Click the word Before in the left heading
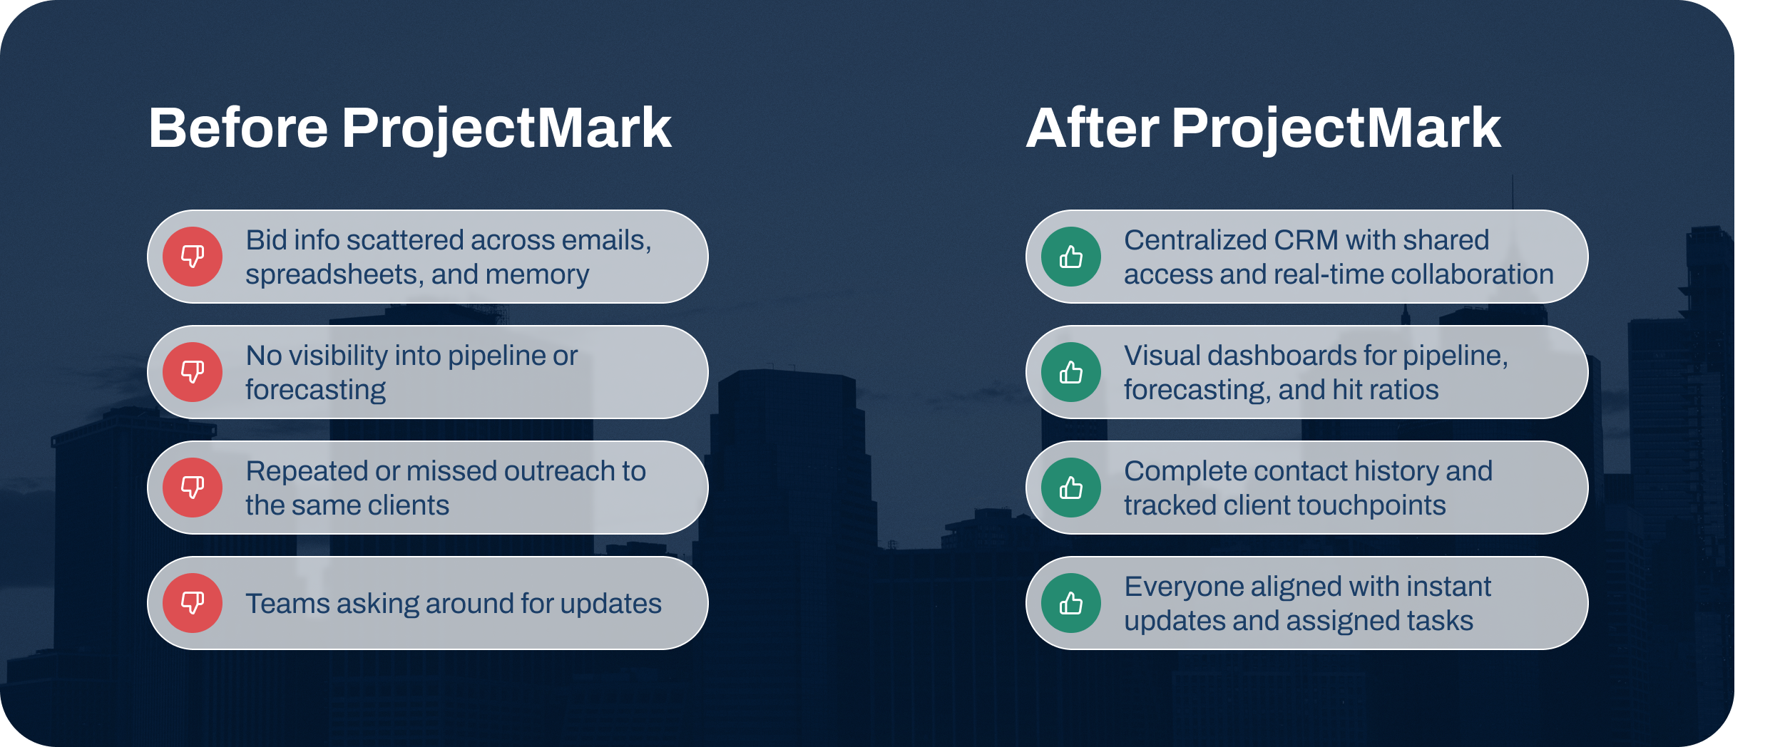point(239,128)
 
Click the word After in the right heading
point(1093,128)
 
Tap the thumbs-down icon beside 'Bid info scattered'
point(193,257)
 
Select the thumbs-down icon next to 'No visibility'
point(193,372)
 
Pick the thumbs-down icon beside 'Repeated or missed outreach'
point(193,488)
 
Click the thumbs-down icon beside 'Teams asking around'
point(193,603)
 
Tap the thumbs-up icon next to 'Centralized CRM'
point(1071,257)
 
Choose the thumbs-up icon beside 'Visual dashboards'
point(1071,372)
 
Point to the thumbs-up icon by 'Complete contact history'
point(1071,488)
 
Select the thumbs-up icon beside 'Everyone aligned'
point(1071,603)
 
